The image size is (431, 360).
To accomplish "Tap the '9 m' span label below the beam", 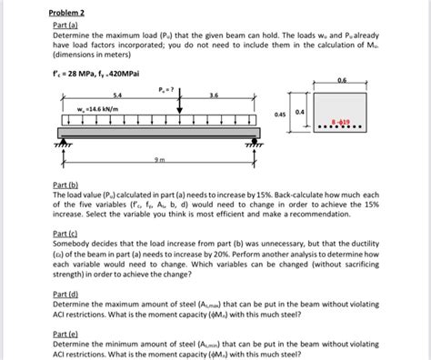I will (162, 161).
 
